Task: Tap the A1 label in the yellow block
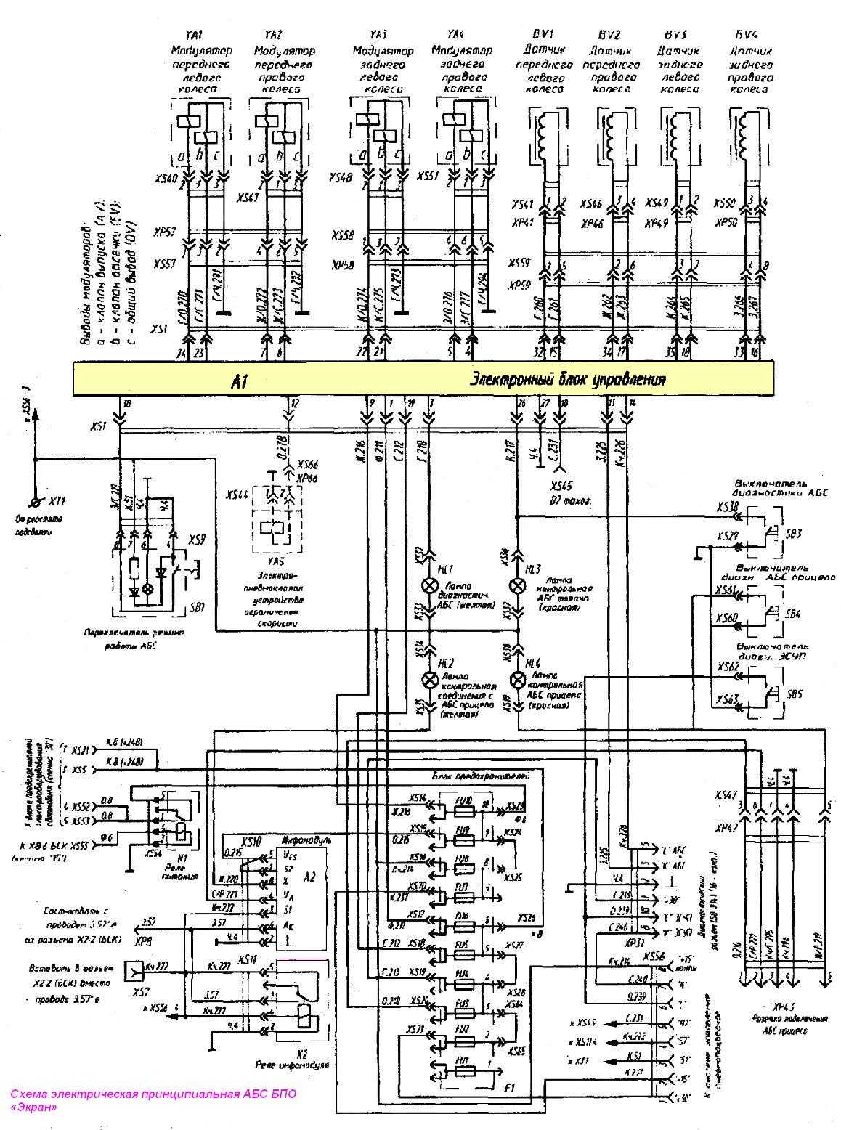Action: pos(241,381)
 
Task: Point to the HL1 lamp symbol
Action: pos(430,586)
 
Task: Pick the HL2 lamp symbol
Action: pos(430,680)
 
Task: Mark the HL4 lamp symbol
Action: pos(518,680)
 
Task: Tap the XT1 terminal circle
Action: pos(34,503)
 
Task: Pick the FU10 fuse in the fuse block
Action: pos(463,800)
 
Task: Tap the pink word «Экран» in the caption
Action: pos(33,1107)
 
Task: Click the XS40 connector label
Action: pos(166,178)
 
